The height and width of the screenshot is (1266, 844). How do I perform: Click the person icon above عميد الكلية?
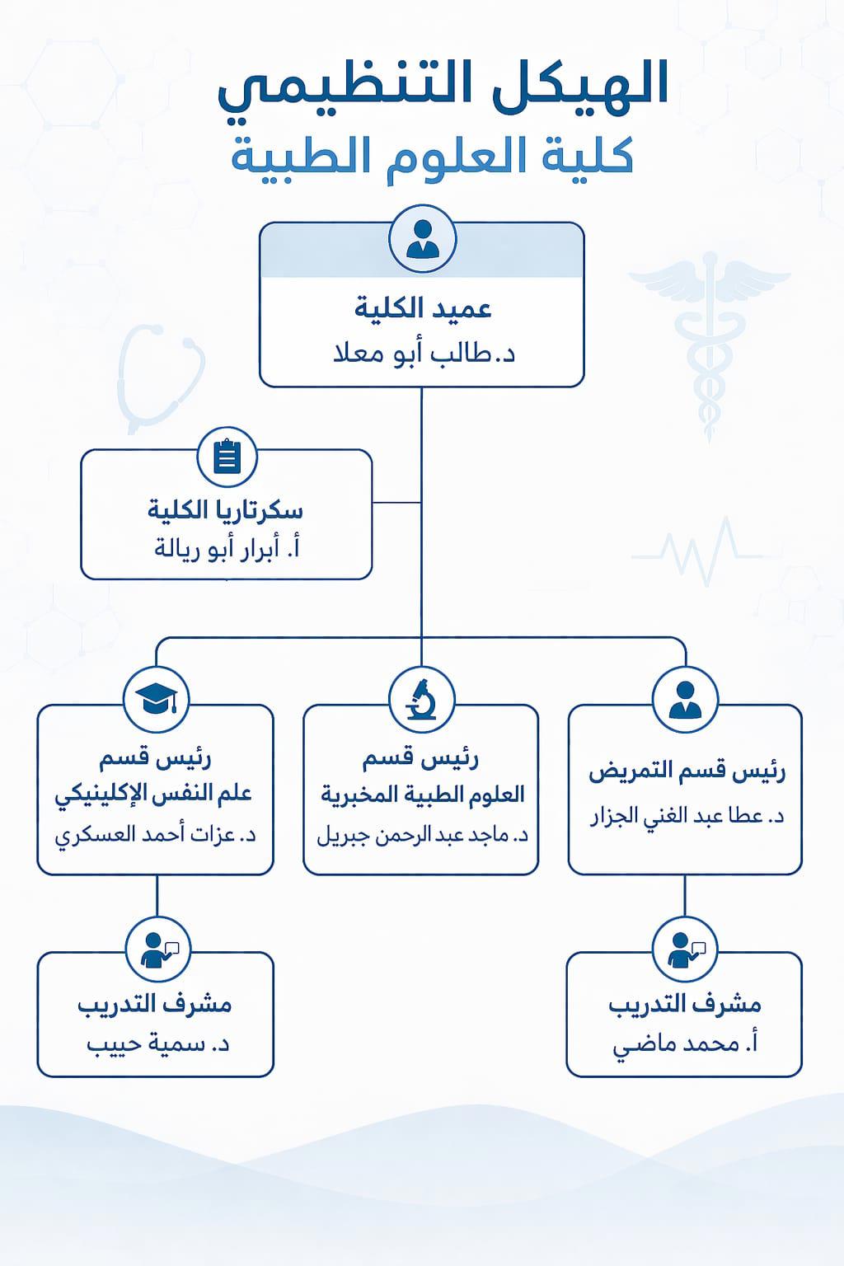click(422, 239)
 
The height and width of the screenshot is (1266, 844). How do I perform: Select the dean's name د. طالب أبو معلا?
click(424, 354)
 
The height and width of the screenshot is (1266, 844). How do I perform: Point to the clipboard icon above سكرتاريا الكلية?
click(227, 457)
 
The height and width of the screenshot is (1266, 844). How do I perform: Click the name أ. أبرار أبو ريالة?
click(227, 550)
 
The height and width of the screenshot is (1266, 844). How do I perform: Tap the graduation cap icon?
click(157, 699)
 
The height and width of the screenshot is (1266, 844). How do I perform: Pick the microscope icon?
click(422, 700)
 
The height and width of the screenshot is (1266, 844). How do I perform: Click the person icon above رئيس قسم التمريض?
click(685, 700)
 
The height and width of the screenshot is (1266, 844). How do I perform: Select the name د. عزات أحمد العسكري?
click(156, 835)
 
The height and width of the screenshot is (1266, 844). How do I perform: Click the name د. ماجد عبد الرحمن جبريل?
click(422, 835)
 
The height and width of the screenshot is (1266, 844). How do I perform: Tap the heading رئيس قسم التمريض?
click(687, 772)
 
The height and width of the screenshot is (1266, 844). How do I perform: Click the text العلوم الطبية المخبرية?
click(422, 795)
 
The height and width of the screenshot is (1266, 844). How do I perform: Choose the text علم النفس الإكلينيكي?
click(153, 795)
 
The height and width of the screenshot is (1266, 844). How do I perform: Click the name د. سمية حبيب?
click(157, 1044)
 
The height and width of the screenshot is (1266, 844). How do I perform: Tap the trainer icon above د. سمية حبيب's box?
click(157, 949)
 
